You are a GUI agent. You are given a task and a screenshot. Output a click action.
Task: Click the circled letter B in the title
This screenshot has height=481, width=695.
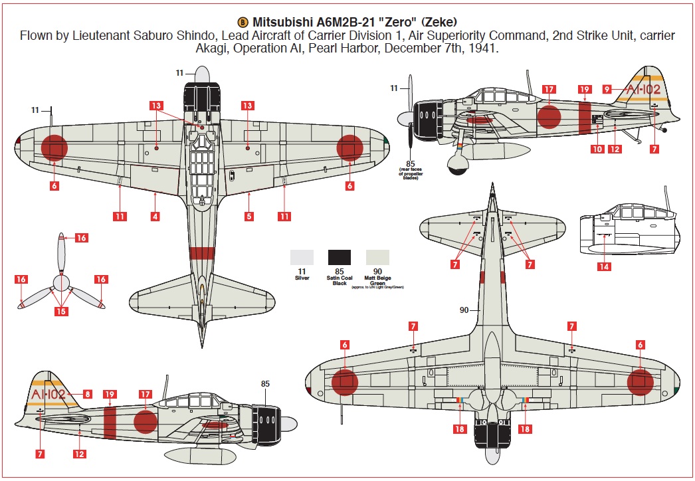[245, 21]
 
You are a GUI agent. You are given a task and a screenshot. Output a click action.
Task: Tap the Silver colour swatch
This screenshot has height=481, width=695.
[302, 258]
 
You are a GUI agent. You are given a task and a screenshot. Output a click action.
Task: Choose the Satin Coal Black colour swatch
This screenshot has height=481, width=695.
[340, 258]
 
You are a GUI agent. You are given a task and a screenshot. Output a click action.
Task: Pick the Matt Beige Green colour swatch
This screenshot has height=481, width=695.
[378, 258]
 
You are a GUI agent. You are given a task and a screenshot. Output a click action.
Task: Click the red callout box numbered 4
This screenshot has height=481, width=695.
[155, 216]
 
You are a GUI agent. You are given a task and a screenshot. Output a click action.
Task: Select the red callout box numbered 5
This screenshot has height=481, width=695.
[249, 216]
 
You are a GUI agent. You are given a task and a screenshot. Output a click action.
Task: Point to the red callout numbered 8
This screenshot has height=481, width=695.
[88, 394]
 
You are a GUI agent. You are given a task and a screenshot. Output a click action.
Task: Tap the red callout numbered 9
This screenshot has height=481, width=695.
[607, 88]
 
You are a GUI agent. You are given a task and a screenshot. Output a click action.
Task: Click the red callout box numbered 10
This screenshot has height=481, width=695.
[597, 149]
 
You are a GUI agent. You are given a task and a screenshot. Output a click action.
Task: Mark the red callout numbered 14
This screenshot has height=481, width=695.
[604, 267]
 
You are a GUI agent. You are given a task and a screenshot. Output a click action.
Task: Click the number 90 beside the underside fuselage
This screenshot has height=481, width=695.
[465, 310]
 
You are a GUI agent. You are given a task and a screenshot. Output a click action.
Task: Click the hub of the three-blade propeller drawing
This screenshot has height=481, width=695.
[61, 284]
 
